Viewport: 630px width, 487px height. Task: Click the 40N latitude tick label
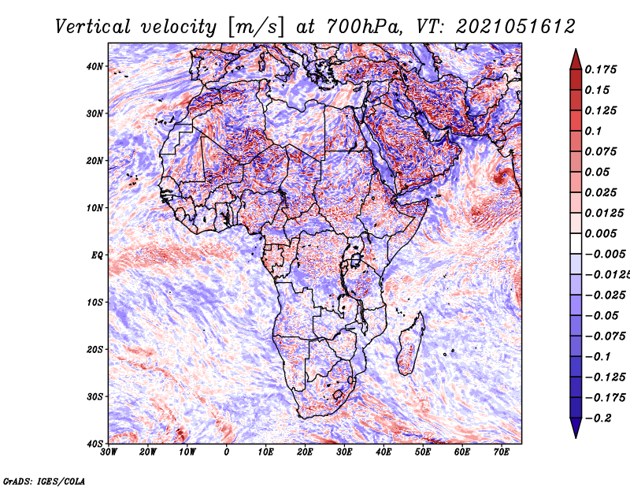[x=94, y=66]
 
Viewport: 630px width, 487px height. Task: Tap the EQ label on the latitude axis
[x=97, y=255]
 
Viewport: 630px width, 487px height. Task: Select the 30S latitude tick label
[x=94, y=397]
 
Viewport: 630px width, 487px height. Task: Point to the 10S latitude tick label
[x=94, y=303]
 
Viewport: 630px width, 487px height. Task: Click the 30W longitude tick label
[x=109, y=452]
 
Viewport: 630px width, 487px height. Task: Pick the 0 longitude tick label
[x=227, y=452]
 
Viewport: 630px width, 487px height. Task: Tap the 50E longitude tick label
[x=423, y=452]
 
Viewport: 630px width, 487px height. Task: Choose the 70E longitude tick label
[x=502, y=452]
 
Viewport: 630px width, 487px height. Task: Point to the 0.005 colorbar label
[x=601, y=233]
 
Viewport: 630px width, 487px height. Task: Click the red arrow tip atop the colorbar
[x=576, y=50]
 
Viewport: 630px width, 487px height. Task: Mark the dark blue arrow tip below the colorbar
[x=576, y=437]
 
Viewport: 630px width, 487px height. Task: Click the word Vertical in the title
[x=93, y=27]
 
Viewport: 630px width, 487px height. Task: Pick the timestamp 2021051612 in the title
[x=516, y=27]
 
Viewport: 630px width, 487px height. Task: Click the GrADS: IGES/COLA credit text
[x=44, y=481]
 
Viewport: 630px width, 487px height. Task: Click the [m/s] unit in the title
[x=255, y=27]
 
